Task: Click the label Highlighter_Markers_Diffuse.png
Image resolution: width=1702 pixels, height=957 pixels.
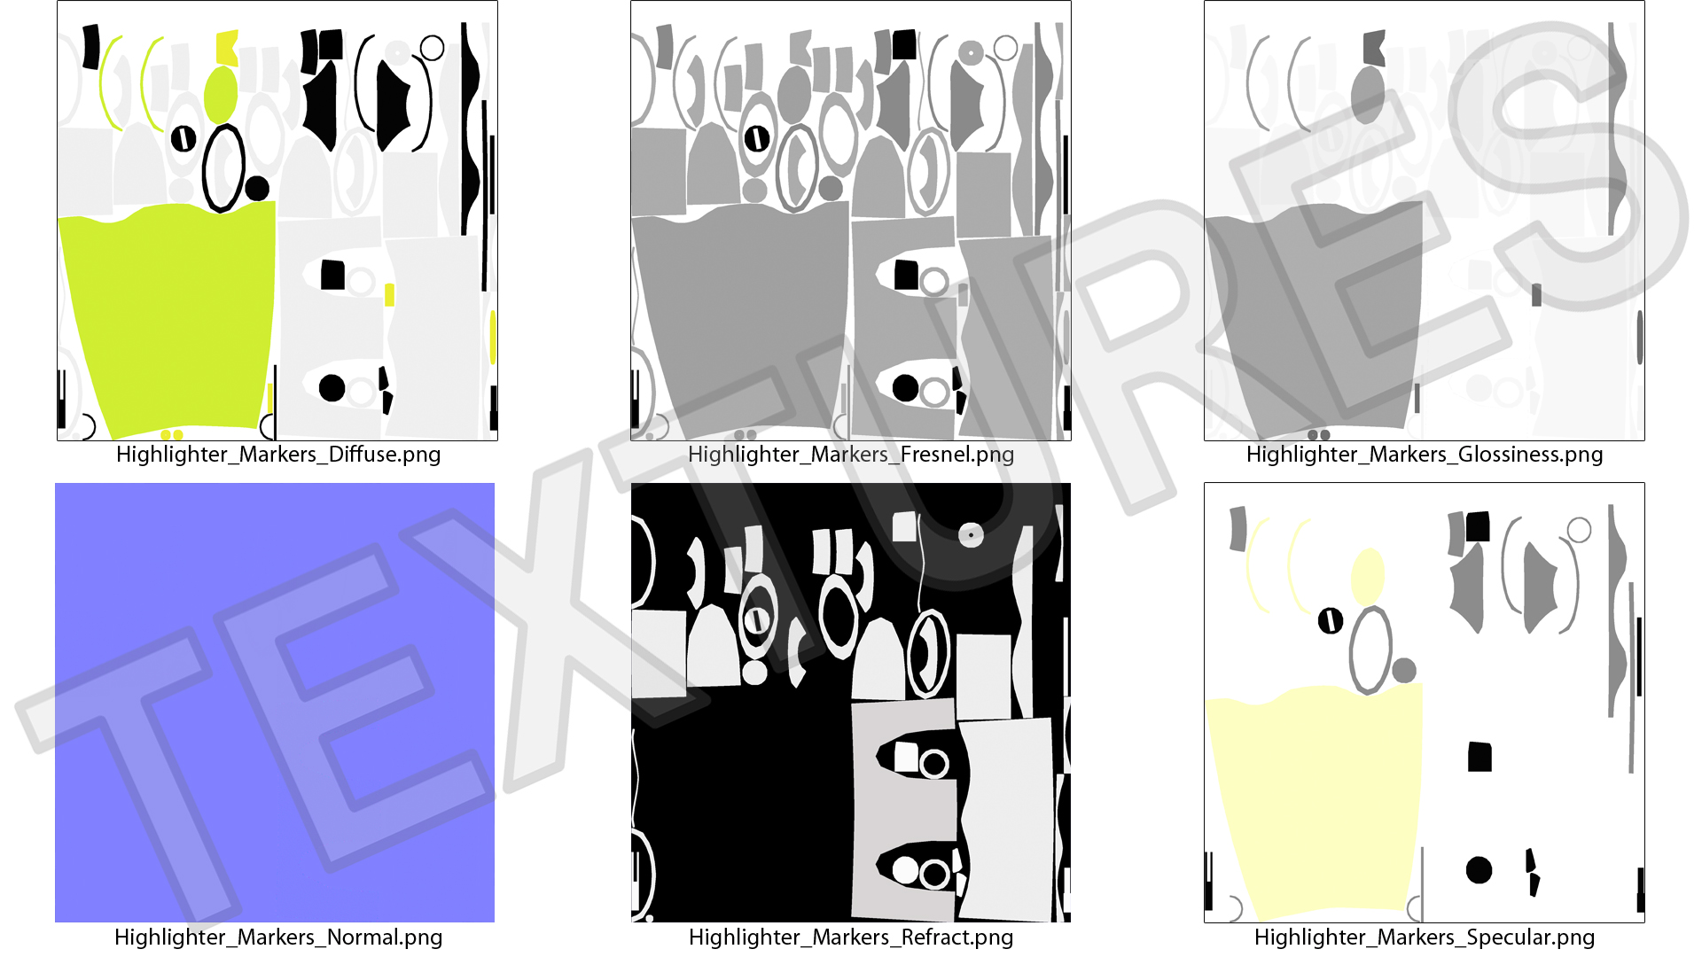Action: point(278,455)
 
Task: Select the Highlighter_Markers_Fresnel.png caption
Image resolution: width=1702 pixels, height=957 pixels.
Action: point(851,455)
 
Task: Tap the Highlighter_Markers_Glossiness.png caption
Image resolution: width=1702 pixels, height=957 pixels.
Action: point(1425,455)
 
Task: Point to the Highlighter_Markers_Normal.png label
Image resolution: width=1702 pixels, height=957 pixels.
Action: point(278,937)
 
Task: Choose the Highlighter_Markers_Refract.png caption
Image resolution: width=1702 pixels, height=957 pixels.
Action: point(851,937)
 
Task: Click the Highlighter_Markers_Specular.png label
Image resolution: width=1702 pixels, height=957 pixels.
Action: point(1425,937)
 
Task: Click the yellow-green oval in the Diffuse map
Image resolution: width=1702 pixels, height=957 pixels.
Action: point(221,95)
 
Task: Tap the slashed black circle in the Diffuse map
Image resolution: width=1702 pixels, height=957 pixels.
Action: point(183,138)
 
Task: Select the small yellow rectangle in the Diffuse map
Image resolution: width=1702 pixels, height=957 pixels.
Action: point(389,295)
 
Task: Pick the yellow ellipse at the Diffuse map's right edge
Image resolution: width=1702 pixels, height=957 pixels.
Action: point(493,338)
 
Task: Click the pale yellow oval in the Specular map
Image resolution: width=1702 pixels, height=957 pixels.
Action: point(1367,577)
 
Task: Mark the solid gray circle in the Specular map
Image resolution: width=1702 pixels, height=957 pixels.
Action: point(1404,671)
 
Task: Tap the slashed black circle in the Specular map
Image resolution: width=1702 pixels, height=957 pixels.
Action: point(1331,620)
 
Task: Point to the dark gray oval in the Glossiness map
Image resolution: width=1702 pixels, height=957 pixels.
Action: point(1368,95)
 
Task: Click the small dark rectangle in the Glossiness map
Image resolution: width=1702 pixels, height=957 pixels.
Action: point(1536,295)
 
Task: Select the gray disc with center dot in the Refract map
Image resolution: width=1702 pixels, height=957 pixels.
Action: point(971,534)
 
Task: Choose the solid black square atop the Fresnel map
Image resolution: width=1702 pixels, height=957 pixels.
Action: point(904,44)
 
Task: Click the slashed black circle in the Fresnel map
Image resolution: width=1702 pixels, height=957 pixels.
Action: point(757,138)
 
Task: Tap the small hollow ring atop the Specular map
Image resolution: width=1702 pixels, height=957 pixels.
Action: point(1579,530)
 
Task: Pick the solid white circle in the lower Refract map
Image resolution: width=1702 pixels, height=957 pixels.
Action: point(905,870)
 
